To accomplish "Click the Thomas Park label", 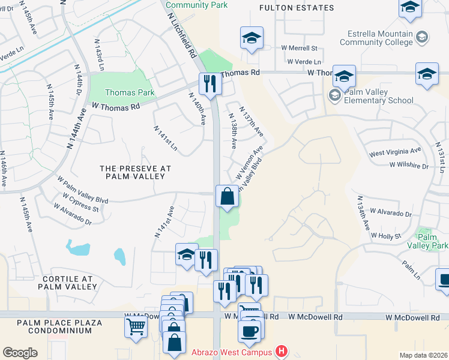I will click(130, 92).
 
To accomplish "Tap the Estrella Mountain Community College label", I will click(378, 38).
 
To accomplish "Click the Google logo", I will click(20, 352).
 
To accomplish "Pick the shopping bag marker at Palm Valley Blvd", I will click(227, 196).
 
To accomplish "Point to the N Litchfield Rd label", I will click(181, 30).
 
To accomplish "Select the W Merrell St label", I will click(299, 48).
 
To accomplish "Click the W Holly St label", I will click(385, 236).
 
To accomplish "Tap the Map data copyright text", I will click(423, 355).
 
